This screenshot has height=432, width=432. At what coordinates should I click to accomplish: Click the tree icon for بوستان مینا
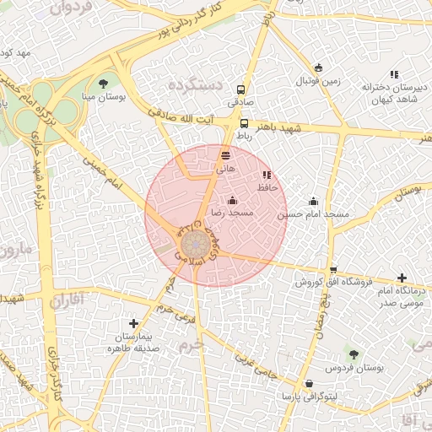(103, 83)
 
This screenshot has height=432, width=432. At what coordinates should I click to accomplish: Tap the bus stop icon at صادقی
(242, 89)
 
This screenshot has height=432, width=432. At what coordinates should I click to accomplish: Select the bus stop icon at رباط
(244, 123)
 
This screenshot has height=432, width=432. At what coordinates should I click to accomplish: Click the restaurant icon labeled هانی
(225, 155)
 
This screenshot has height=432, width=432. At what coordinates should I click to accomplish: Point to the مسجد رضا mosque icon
(233, 201)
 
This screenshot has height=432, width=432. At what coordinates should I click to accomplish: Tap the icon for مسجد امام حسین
(314, 201)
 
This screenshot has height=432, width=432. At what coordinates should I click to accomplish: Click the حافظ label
(267, 187)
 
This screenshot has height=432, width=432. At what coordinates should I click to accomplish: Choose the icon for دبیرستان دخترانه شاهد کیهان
(393, 74)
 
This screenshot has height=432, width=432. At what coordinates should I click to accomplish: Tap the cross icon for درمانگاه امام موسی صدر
(402, 278)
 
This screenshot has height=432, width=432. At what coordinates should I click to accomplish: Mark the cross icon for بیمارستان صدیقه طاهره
(133, 323)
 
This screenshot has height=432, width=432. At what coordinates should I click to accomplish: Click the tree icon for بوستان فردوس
(354, 355)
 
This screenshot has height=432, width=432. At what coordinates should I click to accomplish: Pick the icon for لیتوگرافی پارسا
(309, 383)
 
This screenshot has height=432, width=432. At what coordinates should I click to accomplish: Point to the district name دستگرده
(194, 86)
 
